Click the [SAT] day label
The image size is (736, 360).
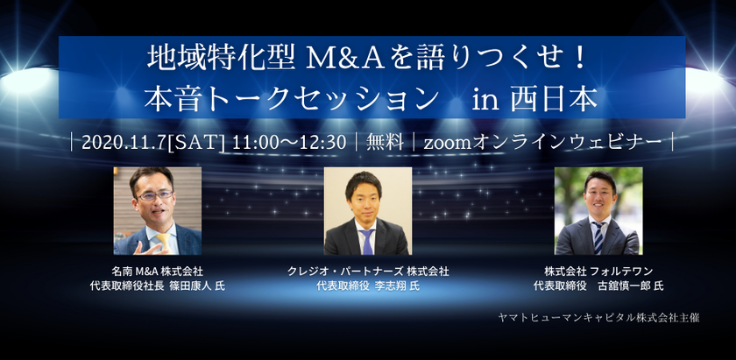tap(196, 142)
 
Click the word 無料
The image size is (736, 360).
tap(385, 142)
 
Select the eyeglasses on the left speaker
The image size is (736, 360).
tap(155, 195)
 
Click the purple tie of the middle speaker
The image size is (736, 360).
tap(367, 241)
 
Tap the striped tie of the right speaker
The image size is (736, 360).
tap(598, 237)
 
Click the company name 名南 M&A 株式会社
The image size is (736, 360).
tap(157, 272)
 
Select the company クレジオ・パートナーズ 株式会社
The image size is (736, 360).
tap(368, 272)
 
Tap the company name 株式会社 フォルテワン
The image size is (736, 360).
tap(598, 272)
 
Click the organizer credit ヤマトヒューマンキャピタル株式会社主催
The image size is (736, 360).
tap(599, 318)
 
